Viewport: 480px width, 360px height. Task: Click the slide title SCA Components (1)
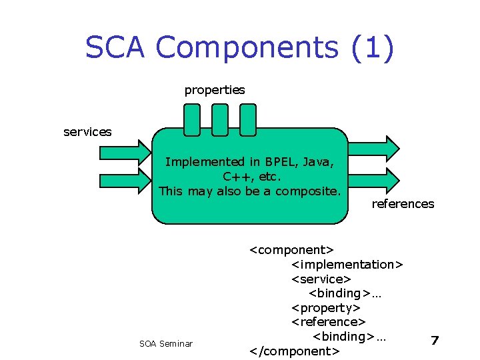coord(239,48)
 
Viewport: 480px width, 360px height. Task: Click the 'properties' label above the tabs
coord(215,89)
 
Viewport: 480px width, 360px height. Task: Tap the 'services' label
coord(87,132)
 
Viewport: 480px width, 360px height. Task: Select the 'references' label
coord(403,204)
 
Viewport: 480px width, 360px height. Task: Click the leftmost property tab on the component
coord(192,119)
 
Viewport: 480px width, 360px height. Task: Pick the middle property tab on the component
coord(219,119)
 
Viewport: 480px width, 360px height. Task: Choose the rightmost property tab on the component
coord(247,119)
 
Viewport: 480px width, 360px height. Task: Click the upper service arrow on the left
coord(125,146)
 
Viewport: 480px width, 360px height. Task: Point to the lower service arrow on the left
coord(125,180)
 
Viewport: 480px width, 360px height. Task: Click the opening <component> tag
coord(291,250)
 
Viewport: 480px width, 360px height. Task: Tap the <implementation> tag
coord(347,265)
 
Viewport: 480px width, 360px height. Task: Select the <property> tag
coord(326,308)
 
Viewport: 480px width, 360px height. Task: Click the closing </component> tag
coord(294,351)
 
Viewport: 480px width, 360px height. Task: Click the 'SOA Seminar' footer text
coord(166,343)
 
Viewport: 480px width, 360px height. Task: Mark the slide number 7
coord(435,341)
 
